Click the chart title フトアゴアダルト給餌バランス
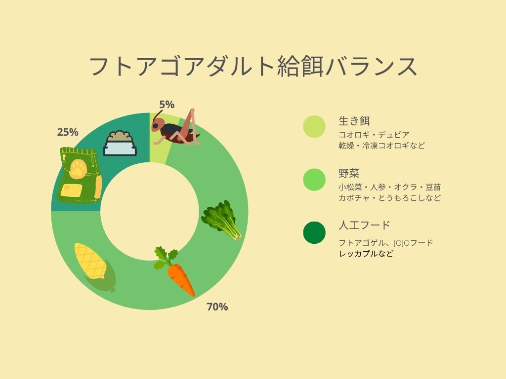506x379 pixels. pyautogui.click(x=253, y=67)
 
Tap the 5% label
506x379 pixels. pyautogui.click(x=167, y=105)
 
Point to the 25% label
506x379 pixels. pyautogui.click(x=68, y=132)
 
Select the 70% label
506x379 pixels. pyautogui.click(x=217, y=307)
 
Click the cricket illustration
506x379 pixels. pyautogui.click(x=176, y=128)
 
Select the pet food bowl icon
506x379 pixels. pyautogui.click(x=120, y=144)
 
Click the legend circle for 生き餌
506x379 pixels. pyautogui.click(x=314, y=127)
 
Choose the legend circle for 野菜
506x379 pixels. pyautogui.click(x=314, y=180)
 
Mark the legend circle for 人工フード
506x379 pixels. pyautogui.click(x=314, y=232)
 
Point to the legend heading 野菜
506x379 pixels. pyautogui.click(x=349, y=173)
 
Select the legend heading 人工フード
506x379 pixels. pyautogui.click(x=364, y=225)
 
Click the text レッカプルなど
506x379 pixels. pyautogui.click(x=366, y=253)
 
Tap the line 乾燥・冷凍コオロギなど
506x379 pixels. pyautogui.click(x=381, y=146)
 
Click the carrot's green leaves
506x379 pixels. pyautogui.click(x=166, y=257)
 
